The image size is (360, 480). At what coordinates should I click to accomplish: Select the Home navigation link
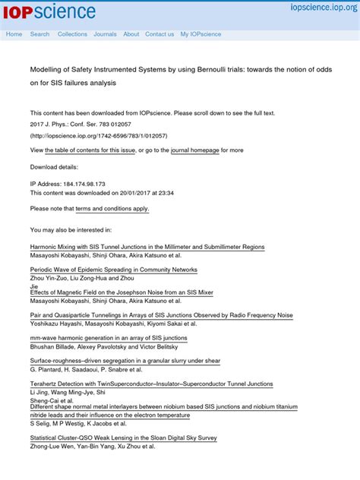point(14,34)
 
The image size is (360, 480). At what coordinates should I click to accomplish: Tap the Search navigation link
point(39,34)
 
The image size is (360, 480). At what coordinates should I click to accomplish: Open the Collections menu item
point(72,34)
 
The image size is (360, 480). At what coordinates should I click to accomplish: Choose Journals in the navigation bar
point(105,34)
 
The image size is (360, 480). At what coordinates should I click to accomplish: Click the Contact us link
point(159,34)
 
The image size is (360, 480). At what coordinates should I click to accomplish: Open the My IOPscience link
point(201,34)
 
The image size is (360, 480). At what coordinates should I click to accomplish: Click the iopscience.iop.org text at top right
point(324,7)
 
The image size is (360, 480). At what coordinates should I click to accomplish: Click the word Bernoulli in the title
point(210,69)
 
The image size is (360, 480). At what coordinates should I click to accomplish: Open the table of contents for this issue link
point(90,150)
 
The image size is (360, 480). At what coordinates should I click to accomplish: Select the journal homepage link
point(194,150)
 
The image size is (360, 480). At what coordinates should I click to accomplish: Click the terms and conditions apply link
point(112,208)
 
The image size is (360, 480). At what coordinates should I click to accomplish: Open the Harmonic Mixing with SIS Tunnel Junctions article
point(147,247)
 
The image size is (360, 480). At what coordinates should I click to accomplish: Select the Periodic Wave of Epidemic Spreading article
point(114,270)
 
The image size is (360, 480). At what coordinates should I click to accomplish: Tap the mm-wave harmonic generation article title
point(109,338)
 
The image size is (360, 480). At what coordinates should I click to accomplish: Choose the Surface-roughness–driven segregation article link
point(125,361)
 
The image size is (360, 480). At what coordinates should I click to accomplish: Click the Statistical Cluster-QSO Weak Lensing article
point(123,438)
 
